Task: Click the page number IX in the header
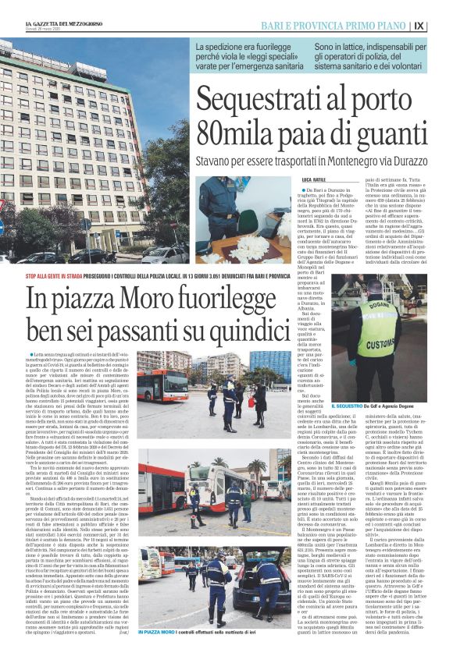pos(441,26)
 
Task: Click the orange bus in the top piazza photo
pos(161,386)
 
